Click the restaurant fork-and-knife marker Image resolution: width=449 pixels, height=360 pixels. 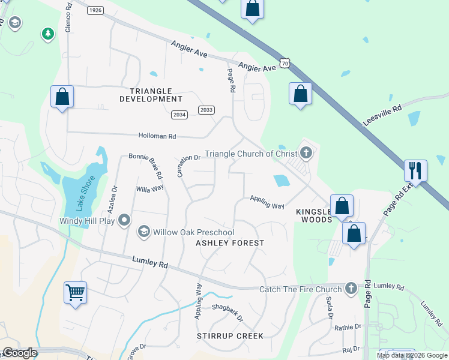pos(415,171)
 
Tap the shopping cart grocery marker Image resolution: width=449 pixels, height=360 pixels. pos(76,293)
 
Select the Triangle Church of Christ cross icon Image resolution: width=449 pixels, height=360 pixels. pos(306,153)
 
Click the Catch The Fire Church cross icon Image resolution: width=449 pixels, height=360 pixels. pos(352,289)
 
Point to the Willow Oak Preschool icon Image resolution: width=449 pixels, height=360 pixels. pos(143,232)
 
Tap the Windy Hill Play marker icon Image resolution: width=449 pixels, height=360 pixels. pos(124,220)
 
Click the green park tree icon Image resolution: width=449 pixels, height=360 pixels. pos(47,34)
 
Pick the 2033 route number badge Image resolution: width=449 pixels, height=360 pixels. pos(206,110)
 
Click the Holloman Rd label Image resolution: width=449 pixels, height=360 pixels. pos(157,137)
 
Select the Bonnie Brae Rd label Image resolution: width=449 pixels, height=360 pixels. pos(146,165)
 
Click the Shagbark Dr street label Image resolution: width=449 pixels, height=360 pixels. pos(228,312)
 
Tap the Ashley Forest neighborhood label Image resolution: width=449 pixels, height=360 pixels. pos(230,243)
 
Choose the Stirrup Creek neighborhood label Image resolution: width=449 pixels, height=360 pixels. pos(230,335)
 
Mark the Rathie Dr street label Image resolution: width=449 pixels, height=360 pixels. pos(349,327)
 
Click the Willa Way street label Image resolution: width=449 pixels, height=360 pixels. pos(150,188)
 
